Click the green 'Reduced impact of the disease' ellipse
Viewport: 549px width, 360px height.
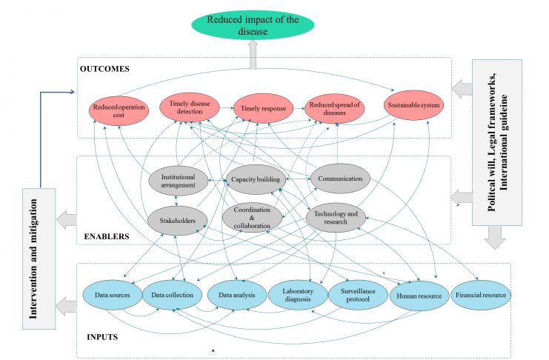pos(253,25)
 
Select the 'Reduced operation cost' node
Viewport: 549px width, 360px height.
pos(119,111)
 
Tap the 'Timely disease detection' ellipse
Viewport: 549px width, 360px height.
pos(190,107)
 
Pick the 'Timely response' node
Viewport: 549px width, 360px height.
pos(263,108)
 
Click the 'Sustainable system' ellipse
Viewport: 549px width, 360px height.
pos(413,105)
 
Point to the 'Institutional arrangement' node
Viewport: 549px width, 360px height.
pos(179,181)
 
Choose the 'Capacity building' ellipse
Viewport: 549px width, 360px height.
pos(256,179)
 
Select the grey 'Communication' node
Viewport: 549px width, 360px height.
pos(340,179)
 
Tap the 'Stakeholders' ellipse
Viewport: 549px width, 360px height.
pos(178,221)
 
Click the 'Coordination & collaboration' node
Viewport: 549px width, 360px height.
pos(252,218)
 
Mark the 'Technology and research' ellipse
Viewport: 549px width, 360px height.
pos(336,218)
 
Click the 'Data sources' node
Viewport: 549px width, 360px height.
pos(113,295)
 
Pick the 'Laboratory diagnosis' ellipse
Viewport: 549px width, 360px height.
pos(298,295)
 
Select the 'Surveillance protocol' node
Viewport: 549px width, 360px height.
pos(358,295)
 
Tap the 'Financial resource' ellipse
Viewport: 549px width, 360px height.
pos(481,295)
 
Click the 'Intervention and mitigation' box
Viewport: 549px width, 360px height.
pos(39,259)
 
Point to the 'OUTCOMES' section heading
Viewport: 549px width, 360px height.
pos(104,69)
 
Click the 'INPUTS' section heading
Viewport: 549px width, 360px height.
pos(102,337)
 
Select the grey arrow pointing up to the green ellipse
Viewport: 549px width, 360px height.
pos(253,55)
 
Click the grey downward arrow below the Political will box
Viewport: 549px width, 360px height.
pos(495,238)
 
